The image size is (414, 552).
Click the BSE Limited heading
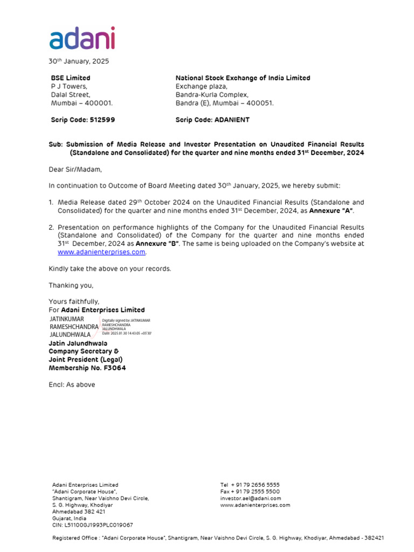(71, 78)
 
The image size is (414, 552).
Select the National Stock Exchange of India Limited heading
(243, 78)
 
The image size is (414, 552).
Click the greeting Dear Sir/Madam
(75, 169)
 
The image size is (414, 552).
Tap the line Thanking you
(71, 285)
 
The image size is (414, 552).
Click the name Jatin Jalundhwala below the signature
(78, 343)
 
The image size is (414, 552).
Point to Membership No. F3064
(88, 368)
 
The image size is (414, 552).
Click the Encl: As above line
(72, 385)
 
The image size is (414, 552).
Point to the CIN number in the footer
(92, 525)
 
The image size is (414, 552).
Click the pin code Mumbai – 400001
(82, 103)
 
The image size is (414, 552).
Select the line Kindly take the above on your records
(110, 268)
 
